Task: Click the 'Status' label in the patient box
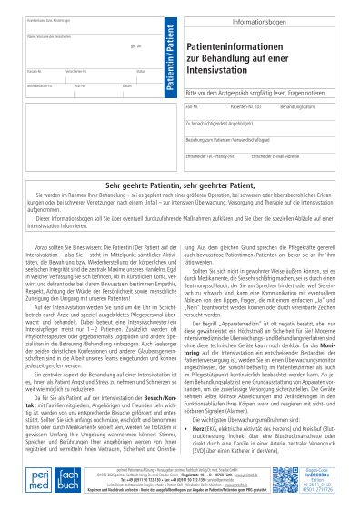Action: pos(141,70)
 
